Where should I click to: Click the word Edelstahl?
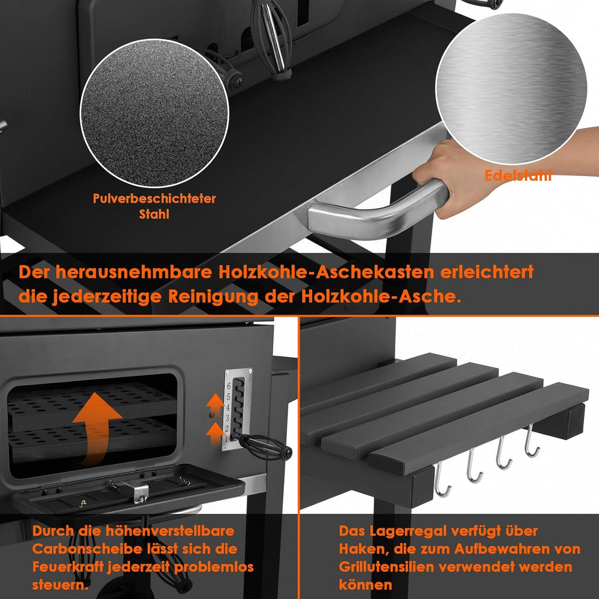click(x=518, y=176)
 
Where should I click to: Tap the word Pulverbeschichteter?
click(x=155, y=198)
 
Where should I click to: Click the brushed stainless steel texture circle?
click(x=511, y=89)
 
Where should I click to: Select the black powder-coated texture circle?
click(x=155, y=113)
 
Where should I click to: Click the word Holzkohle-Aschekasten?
click(x=326, y=272)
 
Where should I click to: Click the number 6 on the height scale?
click(x=228, y=386)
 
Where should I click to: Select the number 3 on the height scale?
click(x=227, y=418)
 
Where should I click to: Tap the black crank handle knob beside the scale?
click(x=288, y=452)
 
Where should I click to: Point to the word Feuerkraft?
click(x=68, y=567)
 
